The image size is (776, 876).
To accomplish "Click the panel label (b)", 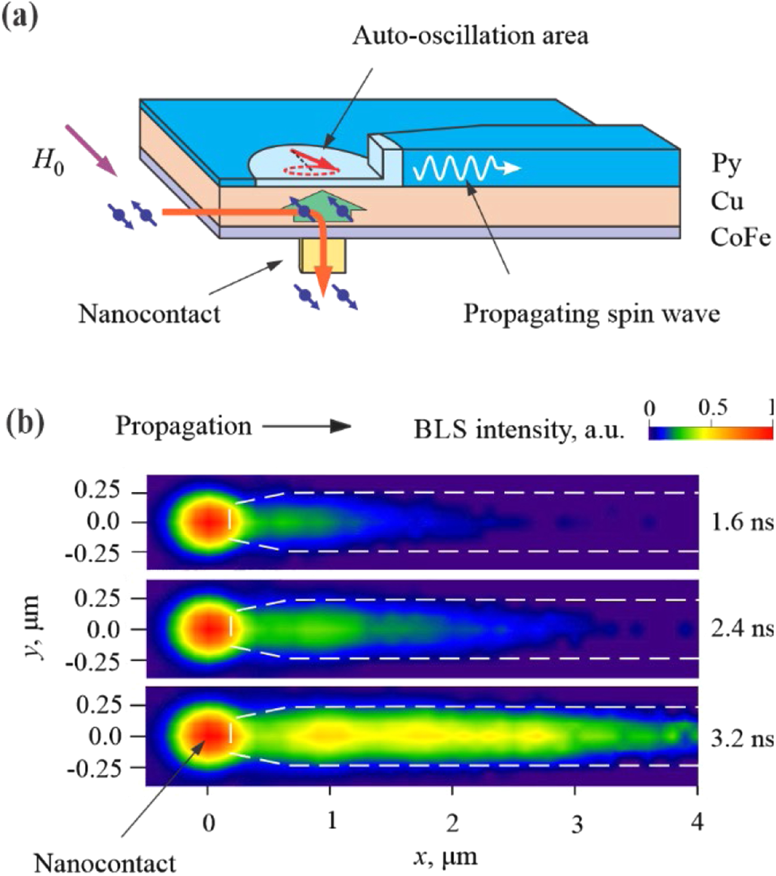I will click(25, 423).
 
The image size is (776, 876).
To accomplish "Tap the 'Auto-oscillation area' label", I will click(471, 36).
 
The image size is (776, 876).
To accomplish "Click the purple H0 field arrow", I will click(91, 150).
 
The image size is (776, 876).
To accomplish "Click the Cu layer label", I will click(727, 202).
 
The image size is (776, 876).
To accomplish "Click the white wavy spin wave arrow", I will click(465, 168).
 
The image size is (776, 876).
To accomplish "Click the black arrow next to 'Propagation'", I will click(307, 427).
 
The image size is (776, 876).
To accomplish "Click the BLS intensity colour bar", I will click(710, 433).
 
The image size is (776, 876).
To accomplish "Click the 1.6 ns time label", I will click(742, 522).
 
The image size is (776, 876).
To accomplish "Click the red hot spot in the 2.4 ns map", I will click(208, 629).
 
